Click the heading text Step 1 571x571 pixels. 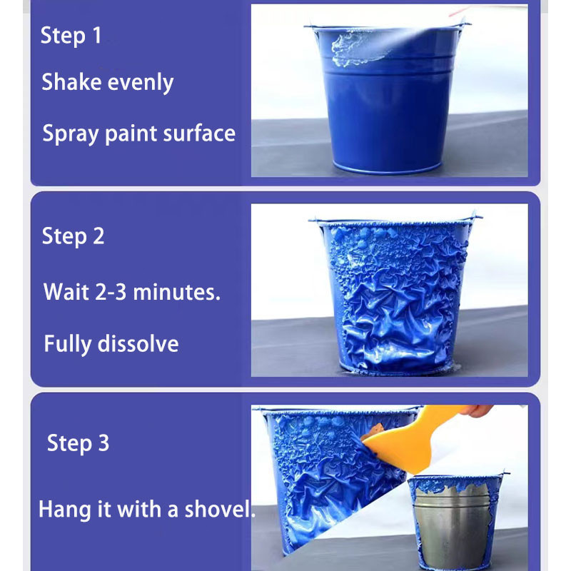pyautogui.click(x=71, y=36)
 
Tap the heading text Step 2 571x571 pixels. pyautogui.click(x=73, y=236)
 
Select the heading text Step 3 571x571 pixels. pyautogui.click(x=78, y=443)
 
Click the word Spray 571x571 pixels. pyautogui.click(x=71, y=134)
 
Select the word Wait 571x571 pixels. pyautogui.click(x=66, y=292)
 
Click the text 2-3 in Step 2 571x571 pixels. pyautogui.click(x=111, y=292)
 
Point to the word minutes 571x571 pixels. pyautogui.click(x=176, y=292)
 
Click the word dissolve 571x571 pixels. pyautogui.click(x=138, y=343)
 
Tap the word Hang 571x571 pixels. pyautogui.click(x=64, y=510)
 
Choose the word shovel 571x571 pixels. pyautogui.click(x=219, y=509)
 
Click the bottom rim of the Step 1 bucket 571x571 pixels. pyautogui.click(x=387, y=169)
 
